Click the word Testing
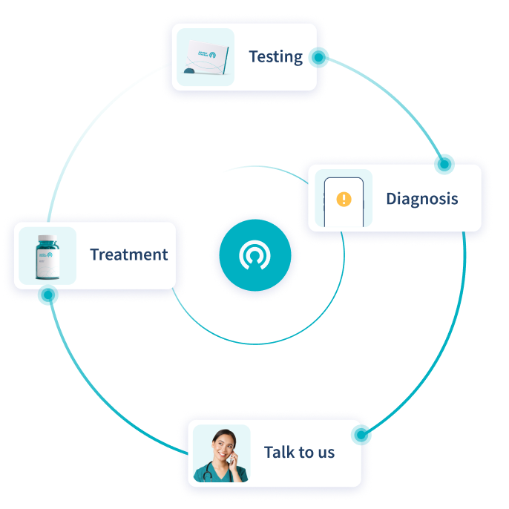(275, 56)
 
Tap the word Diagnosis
(421, 199)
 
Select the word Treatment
(128, 254)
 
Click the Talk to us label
(299, 452)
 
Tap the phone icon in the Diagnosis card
(344, 200)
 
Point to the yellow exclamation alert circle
(344, 199)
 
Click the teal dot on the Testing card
(320, 57)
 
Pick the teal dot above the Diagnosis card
(444, 162)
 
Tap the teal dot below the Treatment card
(48, 296)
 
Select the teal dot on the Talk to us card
(362, 434)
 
